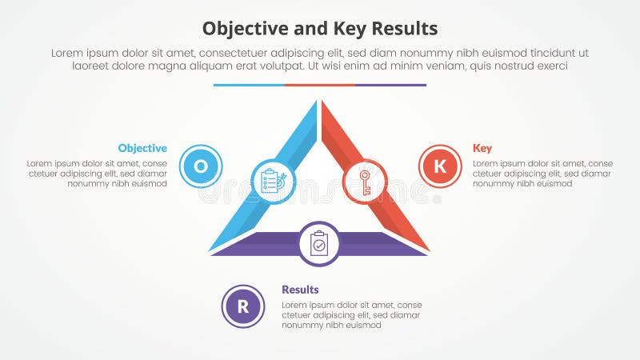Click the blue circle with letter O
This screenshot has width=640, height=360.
click(201, 166)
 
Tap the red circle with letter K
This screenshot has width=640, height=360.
click(440, 166)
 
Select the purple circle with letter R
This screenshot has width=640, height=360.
click(242, 306)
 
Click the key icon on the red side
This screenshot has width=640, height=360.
click(365, 182)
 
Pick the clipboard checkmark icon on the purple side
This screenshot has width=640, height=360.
click(319, 243)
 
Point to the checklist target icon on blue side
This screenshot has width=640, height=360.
click(273, 181)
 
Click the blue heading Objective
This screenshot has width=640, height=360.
click(142, 148)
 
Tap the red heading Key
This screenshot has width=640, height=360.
click(482, 148)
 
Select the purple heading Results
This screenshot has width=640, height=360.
click(300, 290)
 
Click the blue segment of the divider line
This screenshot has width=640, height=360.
click(249, 85)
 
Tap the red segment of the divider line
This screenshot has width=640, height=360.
click(319, 85)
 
